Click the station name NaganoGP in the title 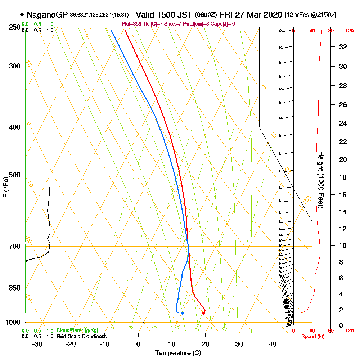point(47,15)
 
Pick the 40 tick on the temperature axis point(273,344)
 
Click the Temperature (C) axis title point(178,353)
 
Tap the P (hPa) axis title point(5,187)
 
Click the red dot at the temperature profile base point(203,313)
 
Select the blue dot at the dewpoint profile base point(183,313)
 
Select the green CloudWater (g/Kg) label point(77,330)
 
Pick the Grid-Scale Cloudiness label point(81,336)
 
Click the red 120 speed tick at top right point(349,31)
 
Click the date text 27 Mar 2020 point(258,15)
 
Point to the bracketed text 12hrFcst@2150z point(310,15)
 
